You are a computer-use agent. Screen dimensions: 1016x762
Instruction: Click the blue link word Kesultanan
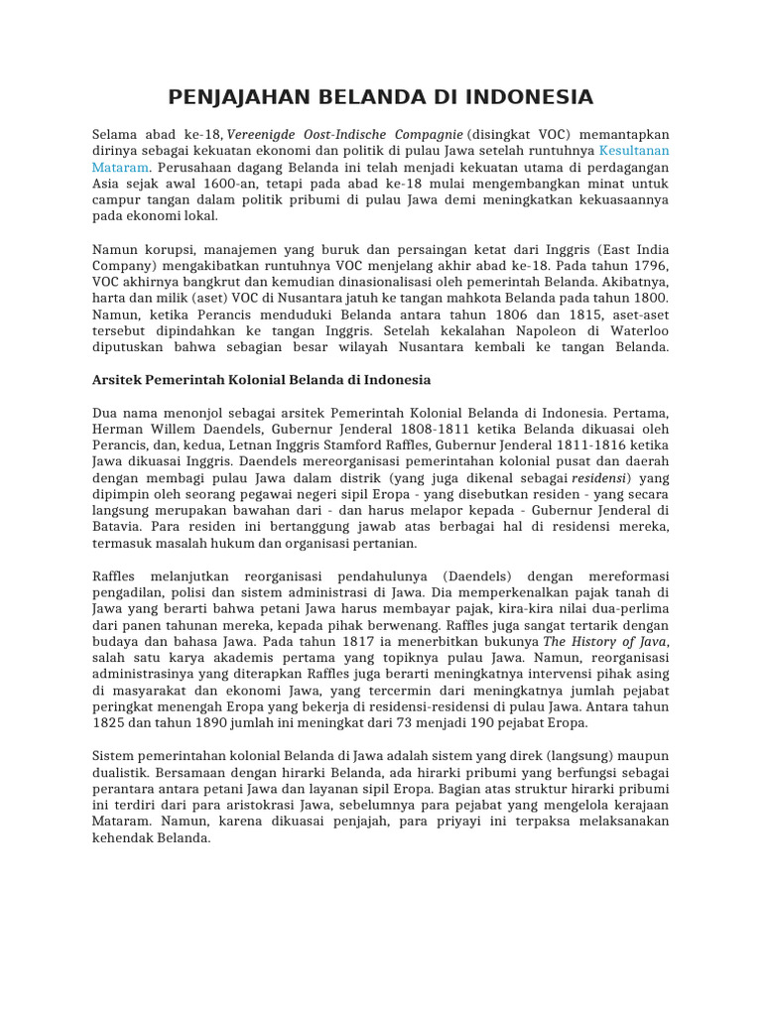(634, 151)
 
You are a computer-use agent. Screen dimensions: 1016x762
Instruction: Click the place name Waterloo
(636, 330)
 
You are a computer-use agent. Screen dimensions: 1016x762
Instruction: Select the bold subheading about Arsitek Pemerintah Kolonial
(261, 379)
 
